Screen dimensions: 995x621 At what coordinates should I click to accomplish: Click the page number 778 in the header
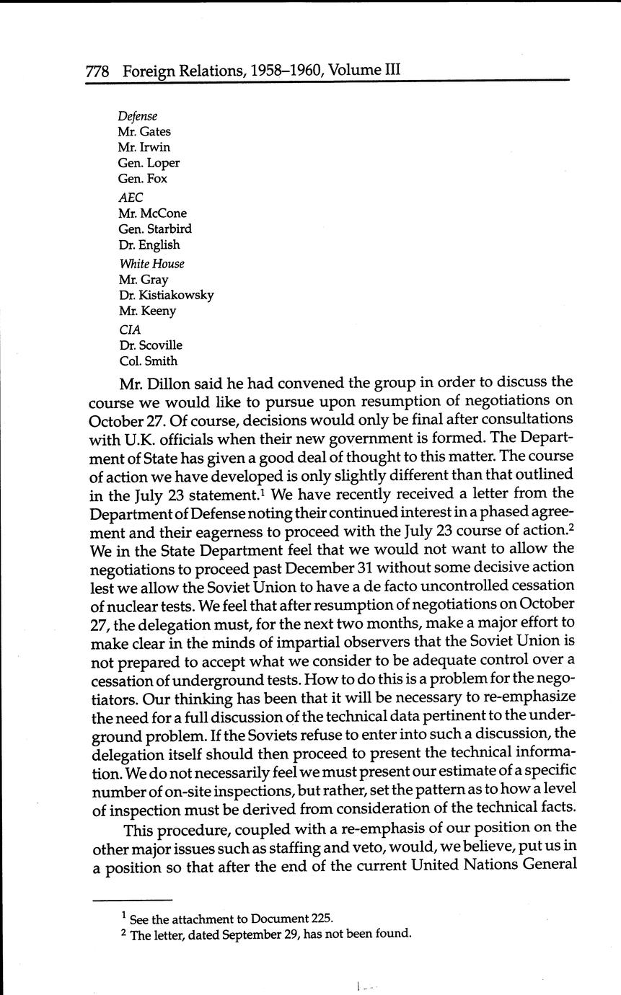click(x=97, y=71)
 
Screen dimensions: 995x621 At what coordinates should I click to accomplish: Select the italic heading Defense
click(x=137, y=116)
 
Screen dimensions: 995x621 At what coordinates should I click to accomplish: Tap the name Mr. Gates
click(x=144, y=132)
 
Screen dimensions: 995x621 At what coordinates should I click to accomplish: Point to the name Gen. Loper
click(x=149, y=163)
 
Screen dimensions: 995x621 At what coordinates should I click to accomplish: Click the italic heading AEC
click(x=131, y=197)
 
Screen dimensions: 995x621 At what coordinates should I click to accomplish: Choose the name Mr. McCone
click(x=152, y=213)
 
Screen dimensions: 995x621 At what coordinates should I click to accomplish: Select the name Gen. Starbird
click(x=155, y=229)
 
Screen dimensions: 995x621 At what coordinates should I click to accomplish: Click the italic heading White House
click(x=151, y=264)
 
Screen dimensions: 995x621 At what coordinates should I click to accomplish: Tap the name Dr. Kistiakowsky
click(x=166, y=295)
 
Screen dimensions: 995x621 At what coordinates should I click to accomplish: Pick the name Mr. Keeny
click(x=147, y=311)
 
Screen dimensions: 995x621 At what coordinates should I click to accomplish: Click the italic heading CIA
click(x=130, y=330)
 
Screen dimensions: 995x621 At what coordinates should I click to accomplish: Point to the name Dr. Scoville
click(x=151, y=345)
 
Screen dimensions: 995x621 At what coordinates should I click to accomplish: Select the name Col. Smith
click(x=148, y=361)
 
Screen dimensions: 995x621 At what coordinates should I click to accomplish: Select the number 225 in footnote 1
click(x=322, y=919)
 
